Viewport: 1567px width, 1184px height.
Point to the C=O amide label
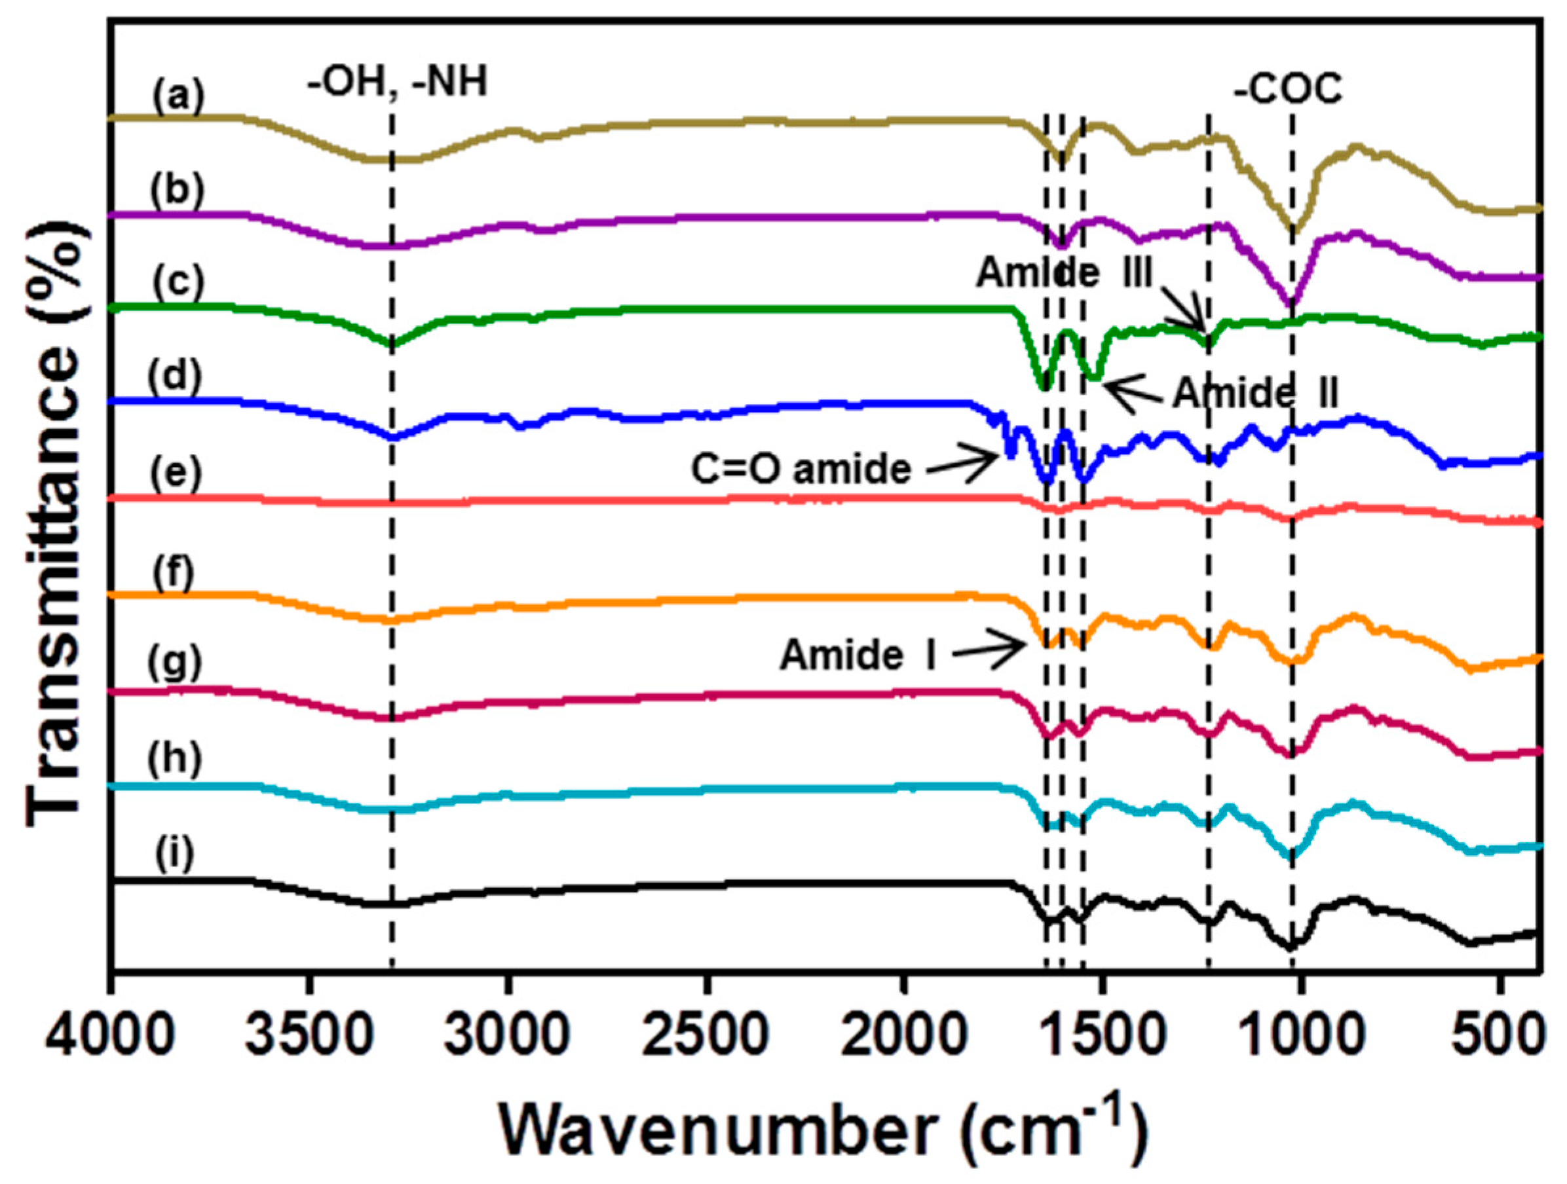click(801, 470)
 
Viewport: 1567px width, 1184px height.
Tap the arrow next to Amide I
click(989, 648)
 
